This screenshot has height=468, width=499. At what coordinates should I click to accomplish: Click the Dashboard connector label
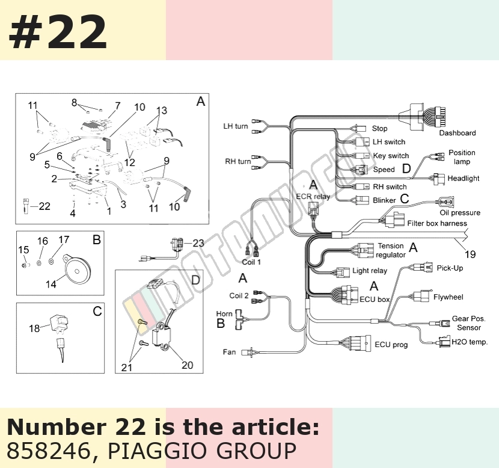pyautogui.click(x=458, y=133)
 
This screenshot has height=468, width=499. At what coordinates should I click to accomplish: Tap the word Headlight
pyautogui.click(x=464, y=178)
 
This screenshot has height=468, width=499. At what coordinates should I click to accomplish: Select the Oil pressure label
pyautogui.click(x=460, y=212)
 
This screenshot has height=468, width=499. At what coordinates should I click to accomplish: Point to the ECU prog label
pyautogui.click(x=391, y=345)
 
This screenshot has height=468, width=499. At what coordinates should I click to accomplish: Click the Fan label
pyautogui.click(x=229, y=352)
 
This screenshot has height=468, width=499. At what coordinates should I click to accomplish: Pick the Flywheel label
pyautogui.click(x=448, y=297)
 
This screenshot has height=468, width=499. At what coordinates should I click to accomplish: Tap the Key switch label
pyautogui.click(x=391, y=156)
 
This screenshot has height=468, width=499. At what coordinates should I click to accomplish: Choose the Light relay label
pyautogui.click(x=370, y=271)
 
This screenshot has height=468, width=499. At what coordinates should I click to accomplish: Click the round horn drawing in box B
pyautogui.click(x=77, y=269)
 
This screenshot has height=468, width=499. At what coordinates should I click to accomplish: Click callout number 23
pyautogui.click(x=198, y=243)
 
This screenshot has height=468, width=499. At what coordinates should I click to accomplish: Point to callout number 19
pyautogui.click(x=470, y=254)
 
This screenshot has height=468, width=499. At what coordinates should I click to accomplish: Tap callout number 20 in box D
pyautogui.click(x=187, y=365)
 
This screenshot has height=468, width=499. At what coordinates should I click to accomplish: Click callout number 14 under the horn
pyautogui.click(x=51, y=284)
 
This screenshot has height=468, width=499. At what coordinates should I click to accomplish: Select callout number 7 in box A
pyautogui.click(x=118, y=105)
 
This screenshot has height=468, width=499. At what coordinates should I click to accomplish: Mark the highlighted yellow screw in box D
pyautogui.click(x=142, y=322)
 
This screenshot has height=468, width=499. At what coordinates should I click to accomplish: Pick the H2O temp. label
pyautogui.click(x=470, y=342)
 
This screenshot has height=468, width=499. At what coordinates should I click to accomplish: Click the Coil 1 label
pyautogui.click(x=251, y=262)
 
